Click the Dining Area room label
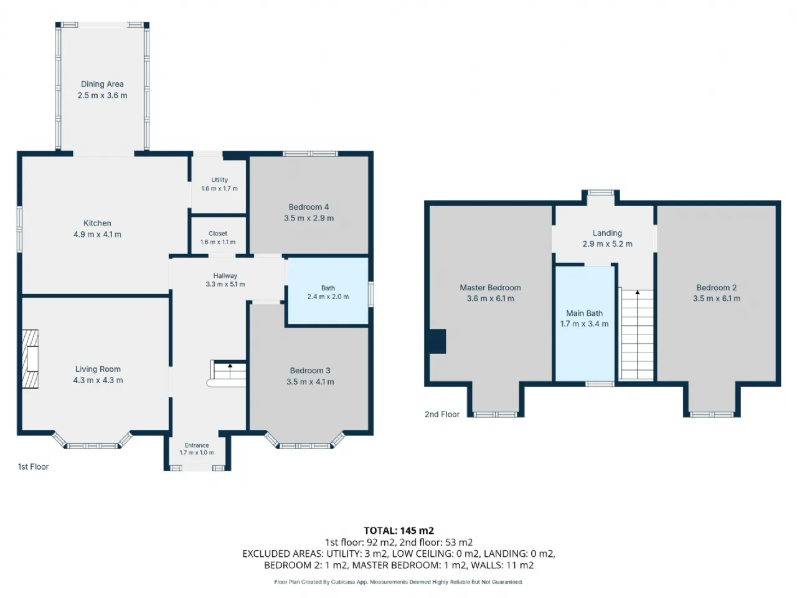point(102,84)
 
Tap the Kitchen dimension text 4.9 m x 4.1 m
point(97,235)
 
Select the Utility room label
point(220,180)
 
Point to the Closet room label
point(218,234)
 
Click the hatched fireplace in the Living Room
point(30,359)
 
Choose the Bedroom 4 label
point(309,207)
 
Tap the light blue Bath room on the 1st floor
point(328,290)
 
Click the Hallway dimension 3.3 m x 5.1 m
point(225,284)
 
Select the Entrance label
point(197,445)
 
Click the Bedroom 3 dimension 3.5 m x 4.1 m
point(310,382)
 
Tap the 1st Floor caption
point(34,467)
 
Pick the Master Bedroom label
point(490,288)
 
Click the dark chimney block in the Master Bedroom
point(438,341)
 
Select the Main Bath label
point(584,313)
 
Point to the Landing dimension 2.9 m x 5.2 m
point(608,244)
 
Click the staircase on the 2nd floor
point(636,334)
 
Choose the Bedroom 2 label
point(717,288)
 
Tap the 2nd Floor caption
point(442,414)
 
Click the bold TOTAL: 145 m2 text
point(398,531)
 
